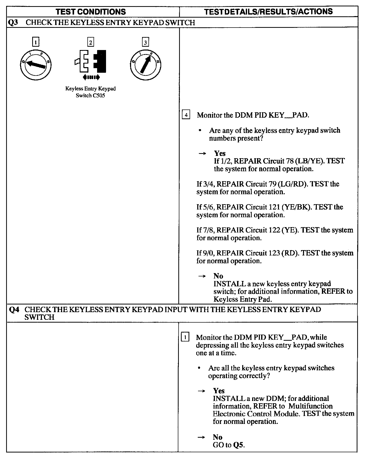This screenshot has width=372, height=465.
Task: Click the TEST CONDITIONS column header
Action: pos(91,12)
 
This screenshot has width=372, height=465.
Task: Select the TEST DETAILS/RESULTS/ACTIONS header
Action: pos(269,11)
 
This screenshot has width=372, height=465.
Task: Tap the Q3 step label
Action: pos(13,22)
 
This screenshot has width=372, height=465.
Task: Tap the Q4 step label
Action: pos(14,310)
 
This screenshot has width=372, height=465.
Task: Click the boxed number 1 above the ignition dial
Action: pos(36,42)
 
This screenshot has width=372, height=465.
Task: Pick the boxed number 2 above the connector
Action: pos(90,42)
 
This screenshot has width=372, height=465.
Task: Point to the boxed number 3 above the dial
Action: pos(145,42)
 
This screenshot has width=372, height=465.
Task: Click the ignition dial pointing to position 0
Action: pos(36,65)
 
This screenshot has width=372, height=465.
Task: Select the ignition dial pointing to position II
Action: pos(145,65)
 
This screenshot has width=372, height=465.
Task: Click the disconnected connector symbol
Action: pos(90,61)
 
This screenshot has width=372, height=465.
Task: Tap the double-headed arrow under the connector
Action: pos(91,77)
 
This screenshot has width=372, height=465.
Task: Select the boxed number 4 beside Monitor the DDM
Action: pos(186,115)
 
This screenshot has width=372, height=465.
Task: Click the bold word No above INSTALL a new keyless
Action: pos(218,276)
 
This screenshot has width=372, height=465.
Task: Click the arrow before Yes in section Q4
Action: pos(202,391)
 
